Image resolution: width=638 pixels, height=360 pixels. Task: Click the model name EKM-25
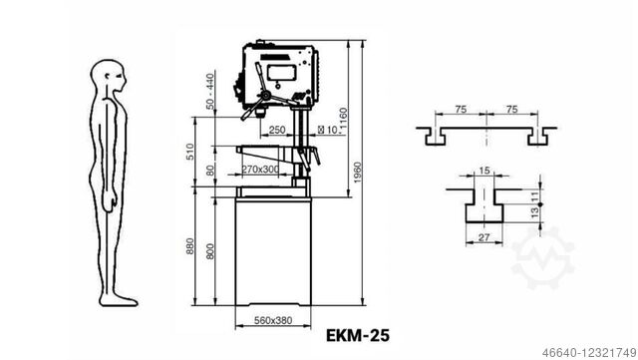pos(358,335)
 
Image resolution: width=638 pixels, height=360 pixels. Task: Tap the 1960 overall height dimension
pos(357,173)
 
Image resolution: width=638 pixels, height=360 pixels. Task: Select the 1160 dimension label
pos(343,121)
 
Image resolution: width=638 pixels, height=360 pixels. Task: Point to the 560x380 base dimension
pos(273,320)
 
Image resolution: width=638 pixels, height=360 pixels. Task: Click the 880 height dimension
pos(190,246)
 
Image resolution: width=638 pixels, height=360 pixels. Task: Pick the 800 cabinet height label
pos(210,251)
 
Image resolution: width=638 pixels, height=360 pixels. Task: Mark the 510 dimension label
pos(190,152)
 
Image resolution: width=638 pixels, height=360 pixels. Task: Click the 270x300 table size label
pos(260,169)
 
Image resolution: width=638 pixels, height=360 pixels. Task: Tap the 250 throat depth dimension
pos(277,130)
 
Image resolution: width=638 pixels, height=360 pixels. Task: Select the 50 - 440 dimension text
pos(210,91)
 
